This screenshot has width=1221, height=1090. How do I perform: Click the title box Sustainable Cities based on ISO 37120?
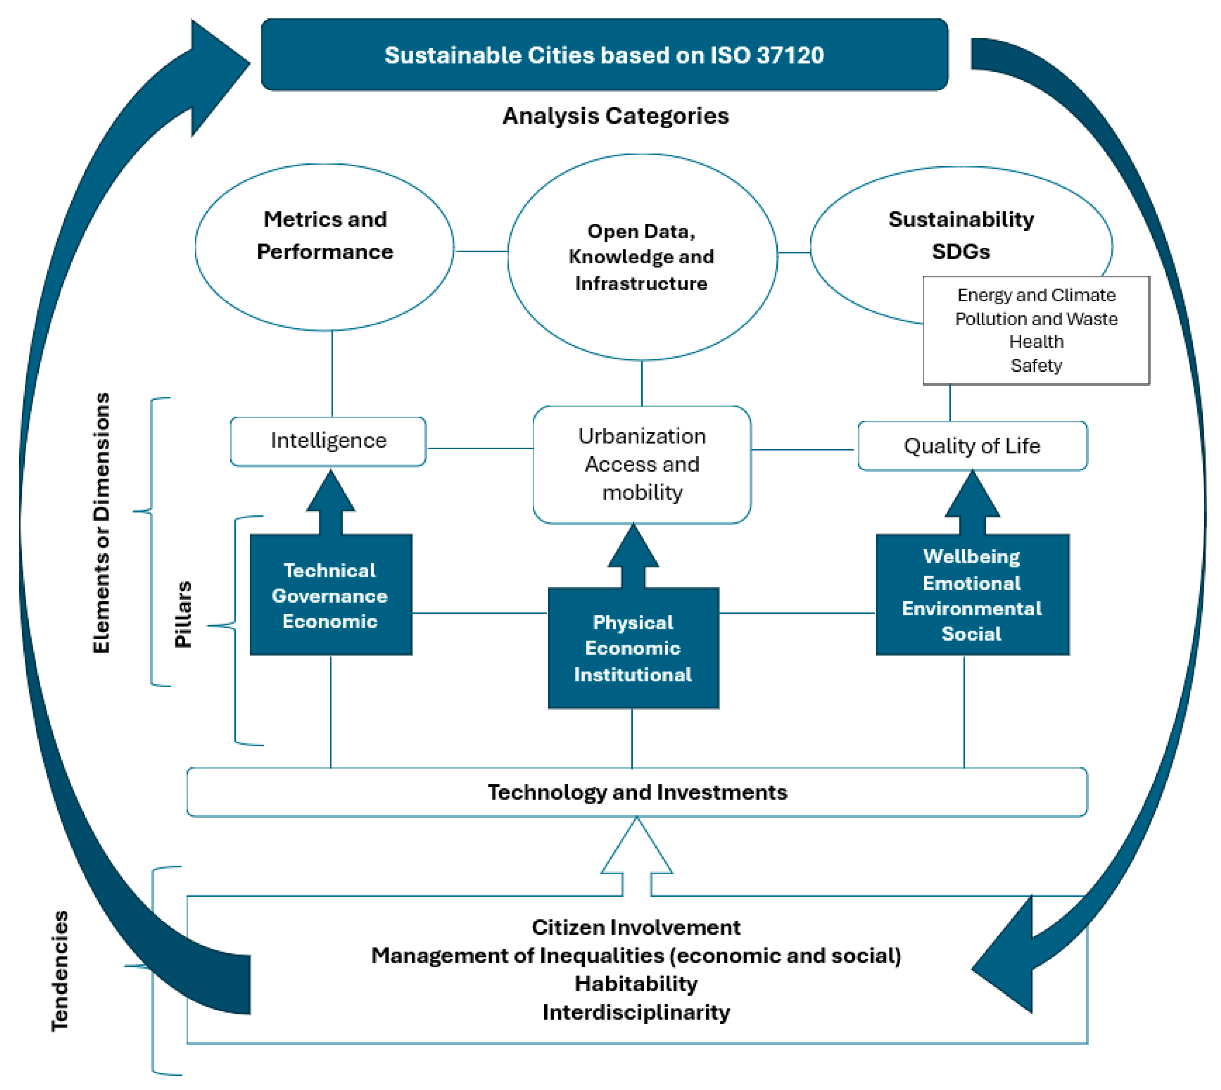point(604,54)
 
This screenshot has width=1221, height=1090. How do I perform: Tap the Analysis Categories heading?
point(616,116)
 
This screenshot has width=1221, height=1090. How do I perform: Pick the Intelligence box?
point(328,441)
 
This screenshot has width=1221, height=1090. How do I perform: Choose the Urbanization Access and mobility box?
point(642,465)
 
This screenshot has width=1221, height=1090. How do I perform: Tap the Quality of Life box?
point(973,446)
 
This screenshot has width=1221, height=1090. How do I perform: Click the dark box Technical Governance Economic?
point(331,595)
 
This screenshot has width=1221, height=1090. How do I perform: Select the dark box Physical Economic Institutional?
point(634,648)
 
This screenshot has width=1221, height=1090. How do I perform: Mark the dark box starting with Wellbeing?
point(973,595)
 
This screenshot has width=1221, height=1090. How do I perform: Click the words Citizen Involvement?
point(636,928)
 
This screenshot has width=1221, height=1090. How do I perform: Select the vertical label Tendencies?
point(60,971)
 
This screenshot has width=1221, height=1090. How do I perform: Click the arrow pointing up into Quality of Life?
point(973,502)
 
